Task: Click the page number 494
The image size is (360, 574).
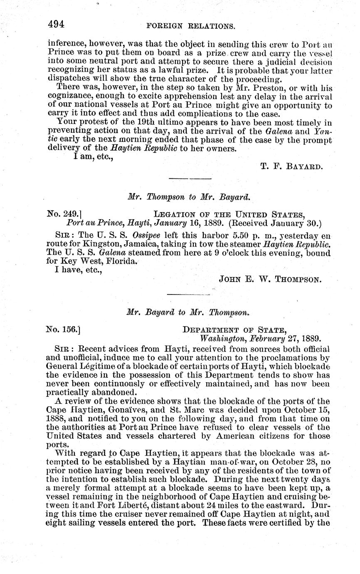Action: pyautogui.click(x=56, y=24)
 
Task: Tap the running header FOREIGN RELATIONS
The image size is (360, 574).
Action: pyautogui.click(x=191, y=26)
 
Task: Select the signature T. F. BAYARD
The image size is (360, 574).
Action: pyautogui.click(x=291, y=167)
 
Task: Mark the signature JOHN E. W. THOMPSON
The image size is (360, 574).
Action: pyautogui.click(x=270, y=280)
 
